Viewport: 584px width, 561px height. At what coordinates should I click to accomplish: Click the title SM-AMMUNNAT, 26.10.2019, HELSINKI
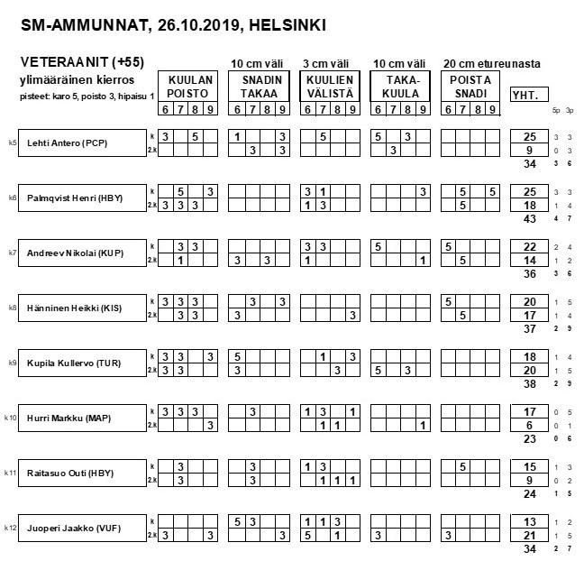[173, 24]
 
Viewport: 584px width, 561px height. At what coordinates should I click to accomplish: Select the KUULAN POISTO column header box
[188, 87]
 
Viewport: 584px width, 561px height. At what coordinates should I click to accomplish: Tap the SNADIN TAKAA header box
[259, 87]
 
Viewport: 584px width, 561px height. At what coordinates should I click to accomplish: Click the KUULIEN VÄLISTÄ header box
[330, 87]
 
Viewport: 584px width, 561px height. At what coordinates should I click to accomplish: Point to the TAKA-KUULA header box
[400, 87]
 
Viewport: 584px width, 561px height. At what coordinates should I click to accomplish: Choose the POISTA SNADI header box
[470, 87]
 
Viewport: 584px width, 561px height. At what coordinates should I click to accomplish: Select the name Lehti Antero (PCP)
[68, 143]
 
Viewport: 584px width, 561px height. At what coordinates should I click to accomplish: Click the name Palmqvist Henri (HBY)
[74, 198]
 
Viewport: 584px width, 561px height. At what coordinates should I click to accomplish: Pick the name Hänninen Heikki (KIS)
[73, 308]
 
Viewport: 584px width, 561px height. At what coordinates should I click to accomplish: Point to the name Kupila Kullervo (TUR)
[74, 363]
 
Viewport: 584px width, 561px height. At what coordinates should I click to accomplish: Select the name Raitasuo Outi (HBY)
[70, 474]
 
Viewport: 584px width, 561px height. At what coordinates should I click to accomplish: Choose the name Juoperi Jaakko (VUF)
[72, 529]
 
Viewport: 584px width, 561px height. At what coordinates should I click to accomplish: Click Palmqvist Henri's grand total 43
[530, 219]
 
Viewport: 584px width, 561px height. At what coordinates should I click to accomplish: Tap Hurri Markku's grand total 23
[530, 439]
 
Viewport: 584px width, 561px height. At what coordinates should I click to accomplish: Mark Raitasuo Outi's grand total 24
[530, 494]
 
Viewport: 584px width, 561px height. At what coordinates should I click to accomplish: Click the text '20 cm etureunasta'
[491, 63]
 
